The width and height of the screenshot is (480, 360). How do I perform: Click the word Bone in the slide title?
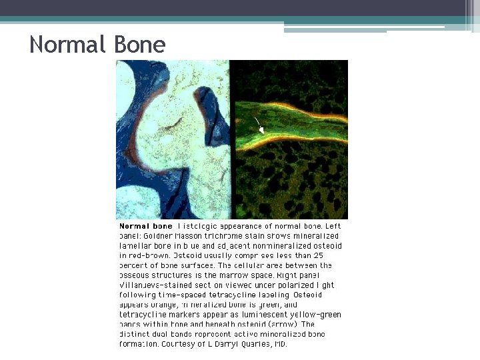tap(139, 45)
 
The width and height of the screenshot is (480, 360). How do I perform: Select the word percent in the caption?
tap(134, 265)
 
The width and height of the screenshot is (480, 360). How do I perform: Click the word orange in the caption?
tap(168, 305)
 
